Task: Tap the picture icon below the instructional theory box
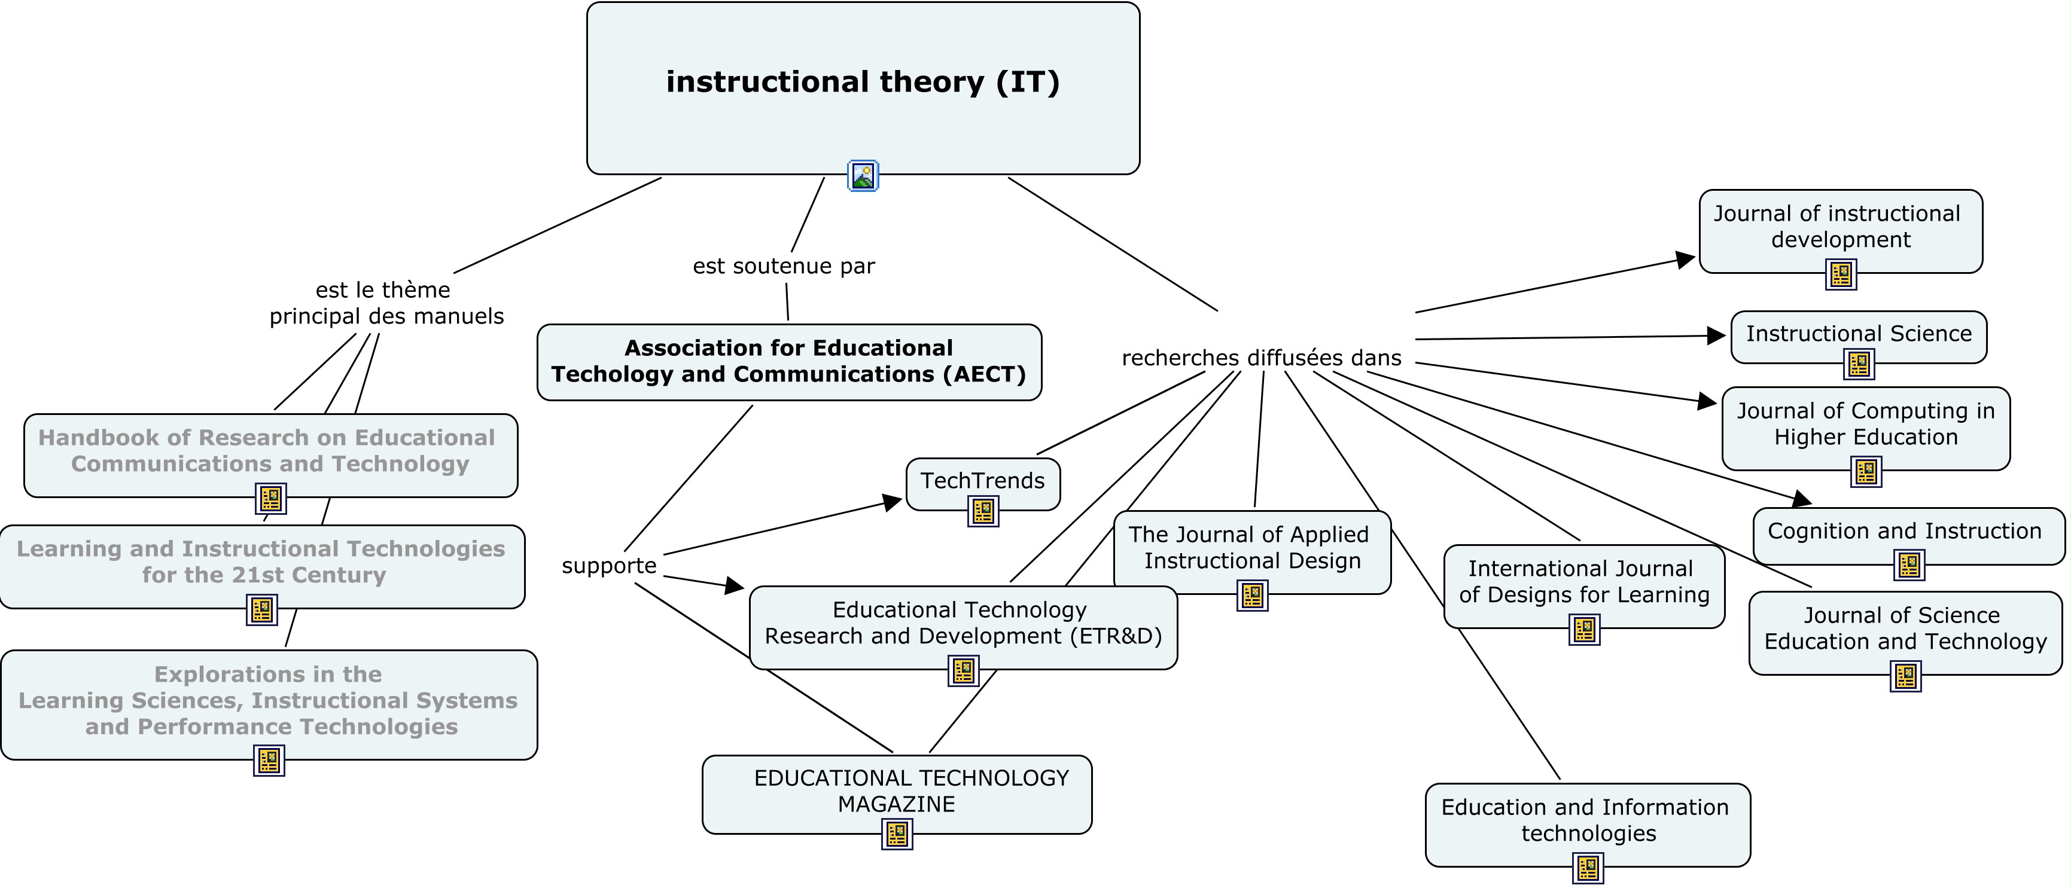click(x=863, y=175)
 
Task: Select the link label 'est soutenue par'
click(x=784, y=266)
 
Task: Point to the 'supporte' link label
click(x=608, y=566)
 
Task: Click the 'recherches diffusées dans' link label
click(x=1262, y=358)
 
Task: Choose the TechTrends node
click(x=982, y=481)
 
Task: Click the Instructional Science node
click(x=1858, y=334)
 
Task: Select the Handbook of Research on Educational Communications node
click(x=270, y=451)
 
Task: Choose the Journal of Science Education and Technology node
click(x=1905, y=629)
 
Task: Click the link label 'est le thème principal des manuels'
click(x=386, y=303)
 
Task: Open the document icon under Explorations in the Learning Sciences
click(x=269, y=760)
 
